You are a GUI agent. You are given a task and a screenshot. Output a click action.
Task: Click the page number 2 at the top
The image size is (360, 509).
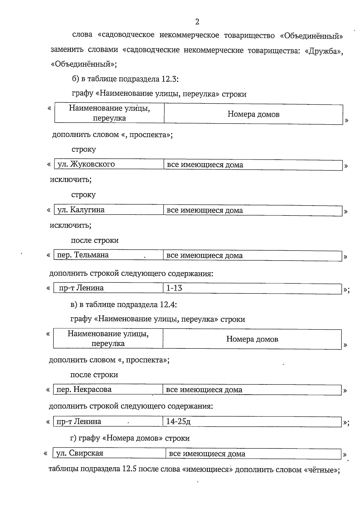point(197,22)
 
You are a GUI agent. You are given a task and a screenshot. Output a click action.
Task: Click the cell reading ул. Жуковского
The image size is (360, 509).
point(86,164)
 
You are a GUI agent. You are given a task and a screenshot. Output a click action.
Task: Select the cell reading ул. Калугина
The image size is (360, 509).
point(81,210)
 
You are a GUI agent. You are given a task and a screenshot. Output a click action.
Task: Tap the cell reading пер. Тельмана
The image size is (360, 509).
point(83,255)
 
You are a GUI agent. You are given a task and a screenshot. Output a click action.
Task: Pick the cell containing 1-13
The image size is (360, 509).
point(174,288)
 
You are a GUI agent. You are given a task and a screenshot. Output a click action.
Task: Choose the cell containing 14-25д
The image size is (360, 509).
point(178,422)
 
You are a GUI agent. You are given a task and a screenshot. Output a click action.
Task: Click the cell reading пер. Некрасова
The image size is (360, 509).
point(84,390)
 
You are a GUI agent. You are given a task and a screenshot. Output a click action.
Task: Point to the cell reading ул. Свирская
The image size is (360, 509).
point(80,453)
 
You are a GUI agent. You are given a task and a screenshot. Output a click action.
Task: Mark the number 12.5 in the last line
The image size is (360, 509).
point(130,469)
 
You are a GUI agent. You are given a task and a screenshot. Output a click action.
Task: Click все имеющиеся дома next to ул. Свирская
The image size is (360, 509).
point(207,454)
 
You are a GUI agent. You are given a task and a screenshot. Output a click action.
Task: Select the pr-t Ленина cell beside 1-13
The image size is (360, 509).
point(81,288)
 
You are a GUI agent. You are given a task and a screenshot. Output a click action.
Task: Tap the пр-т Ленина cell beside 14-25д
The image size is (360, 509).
point(79,422)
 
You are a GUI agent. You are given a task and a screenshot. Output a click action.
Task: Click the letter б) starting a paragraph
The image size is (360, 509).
point(75,79)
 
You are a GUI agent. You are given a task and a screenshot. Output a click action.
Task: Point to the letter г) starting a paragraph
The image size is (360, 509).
point(73,438)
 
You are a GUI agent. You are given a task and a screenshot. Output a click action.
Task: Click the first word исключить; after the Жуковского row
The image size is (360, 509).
point(71,180)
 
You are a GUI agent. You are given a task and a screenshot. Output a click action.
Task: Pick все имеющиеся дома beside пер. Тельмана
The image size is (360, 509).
point(205,256)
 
